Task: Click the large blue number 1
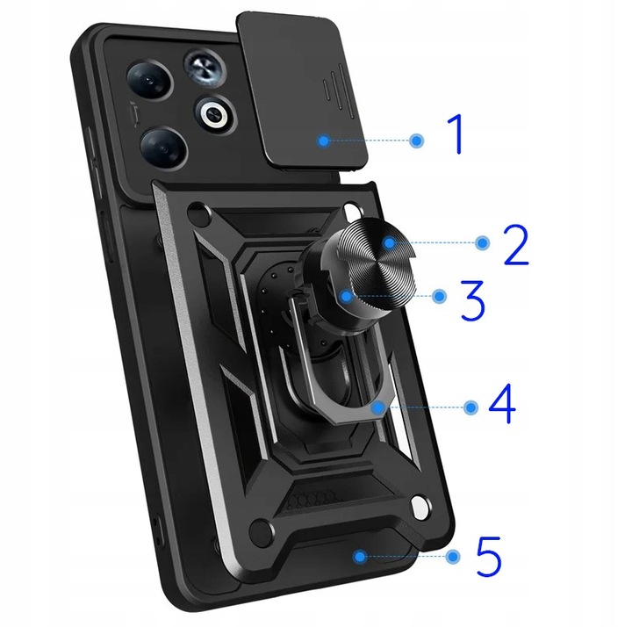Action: click(x=456, y=134)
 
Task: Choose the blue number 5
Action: click(x=488, y=556)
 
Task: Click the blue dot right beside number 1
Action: click(x=417, y=141)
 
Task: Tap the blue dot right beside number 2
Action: click(x=482, y=242)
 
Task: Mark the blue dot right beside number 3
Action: click(x=440, y=297)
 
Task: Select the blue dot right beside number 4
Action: click(x=471, y=407)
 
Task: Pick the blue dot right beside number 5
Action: click(x=453, y=557)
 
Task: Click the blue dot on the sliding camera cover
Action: click(x=325, y=141)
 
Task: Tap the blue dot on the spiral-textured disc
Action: click(x=387, y=241)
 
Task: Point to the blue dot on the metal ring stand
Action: click(x=376, y=407)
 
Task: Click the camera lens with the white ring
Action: click(x=213, y=113)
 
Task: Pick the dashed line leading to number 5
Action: click(x=405, y=557)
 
